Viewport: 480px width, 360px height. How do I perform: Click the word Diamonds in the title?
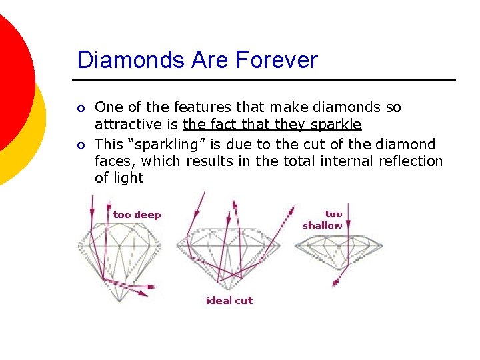click(x=119, y=60)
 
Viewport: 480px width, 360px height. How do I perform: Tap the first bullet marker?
click(x=81, y=108)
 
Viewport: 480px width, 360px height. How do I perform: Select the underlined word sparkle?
click(x=336, y=125)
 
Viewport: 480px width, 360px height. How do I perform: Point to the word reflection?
click(x=410, y=161)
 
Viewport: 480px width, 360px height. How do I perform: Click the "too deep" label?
click(x=137, y=215)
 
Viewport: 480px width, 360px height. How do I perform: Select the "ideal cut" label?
click(x=229, y=301)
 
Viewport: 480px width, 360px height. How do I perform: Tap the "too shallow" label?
click(x=323, y=220)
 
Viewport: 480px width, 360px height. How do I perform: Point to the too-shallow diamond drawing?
click(x=339, y=250)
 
